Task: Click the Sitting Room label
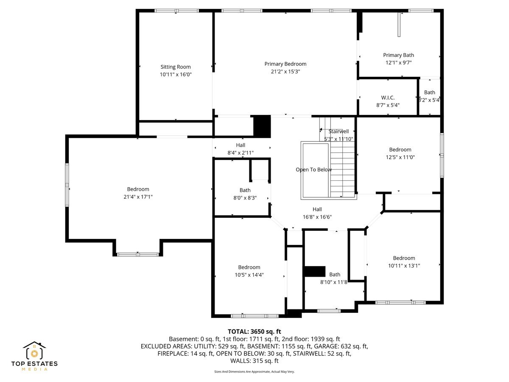coord(175,67)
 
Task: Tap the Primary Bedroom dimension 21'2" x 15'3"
coord(285,72)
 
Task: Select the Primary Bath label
coord(398,55)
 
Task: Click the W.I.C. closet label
coord(388,98)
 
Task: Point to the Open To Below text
coord(313,170)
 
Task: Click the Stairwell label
coord(338,132)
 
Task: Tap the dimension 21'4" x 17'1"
coord(138,197)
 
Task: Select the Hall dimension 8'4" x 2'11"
coord(241,153)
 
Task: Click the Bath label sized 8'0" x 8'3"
coord(245,190)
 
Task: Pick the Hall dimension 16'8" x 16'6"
coord(317,217)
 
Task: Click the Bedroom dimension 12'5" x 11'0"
coord(400,157)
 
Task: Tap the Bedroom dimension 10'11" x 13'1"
coord(404,266)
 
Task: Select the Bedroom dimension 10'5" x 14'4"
coord(249,275)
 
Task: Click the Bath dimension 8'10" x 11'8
coord(334,282)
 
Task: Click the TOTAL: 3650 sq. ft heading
coord(255,331)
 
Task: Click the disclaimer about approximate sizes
coord(254,371)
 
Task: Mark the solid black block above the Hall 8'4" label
coord(262,126)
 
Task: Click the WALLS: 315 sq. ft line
coord(254,361)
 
